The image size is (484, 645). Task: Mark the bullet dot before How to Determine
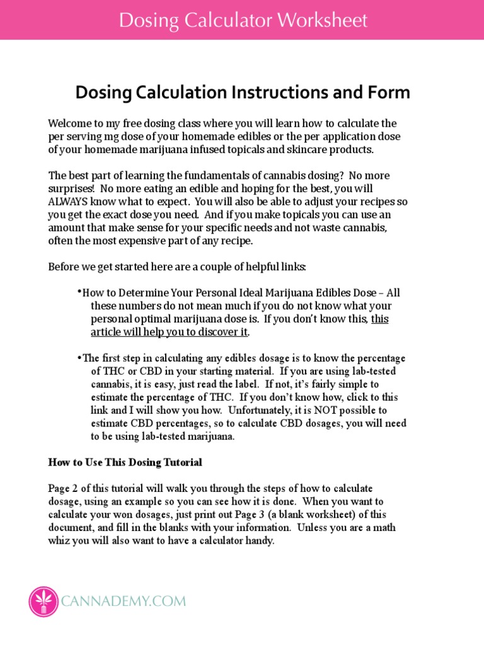(x=80, y=293)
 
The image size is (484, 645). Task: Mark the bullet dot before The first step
(x=80, y=358)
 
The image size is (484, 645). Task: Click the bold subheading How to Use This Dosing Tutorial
(x=125, y=462)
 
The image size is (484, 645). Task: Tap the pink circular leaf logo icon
(x=43, y=601)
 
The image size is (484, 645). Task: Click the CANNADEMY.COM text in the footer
(x=124, y=602)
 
